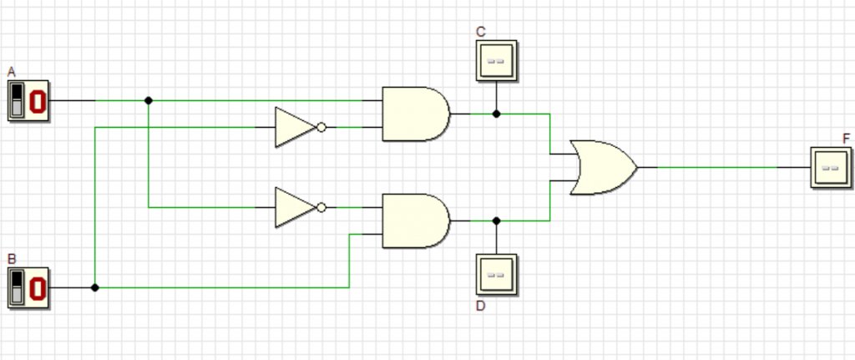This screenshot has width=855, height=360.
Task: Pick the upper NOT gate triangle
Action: click(295, 127)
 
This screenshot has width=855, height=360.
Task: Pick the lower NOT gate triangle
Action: click(295, 207)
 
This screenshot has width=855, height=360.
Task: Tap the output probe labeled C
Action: click(497, 61)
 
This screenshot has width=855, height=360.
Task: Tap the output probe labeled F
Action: click(831, 167)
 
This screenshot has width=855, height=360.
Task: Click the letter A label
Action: click(12, 72)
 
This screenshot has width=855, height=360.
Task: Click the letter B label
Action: click(12, 259)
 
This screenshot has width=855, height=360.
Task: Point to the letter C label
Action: click(481, 32)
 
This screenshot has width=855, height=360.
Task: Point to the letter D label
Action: click(481, 306)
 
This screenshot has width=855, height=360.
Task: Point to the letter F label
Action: click(847, 138)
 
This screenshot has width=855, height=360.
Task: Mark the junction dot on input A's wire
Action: click(149, 100)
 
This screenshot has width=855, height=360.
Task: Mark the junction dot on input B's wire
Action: click(95, 287)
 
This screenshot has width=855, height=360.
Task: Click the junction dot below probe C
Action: click(496, 114)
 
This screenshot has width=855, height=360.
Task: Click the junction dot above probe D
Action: click(496, 221)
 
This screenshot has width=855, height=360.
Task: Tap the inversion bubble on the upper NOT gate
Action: click(321, 127)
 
